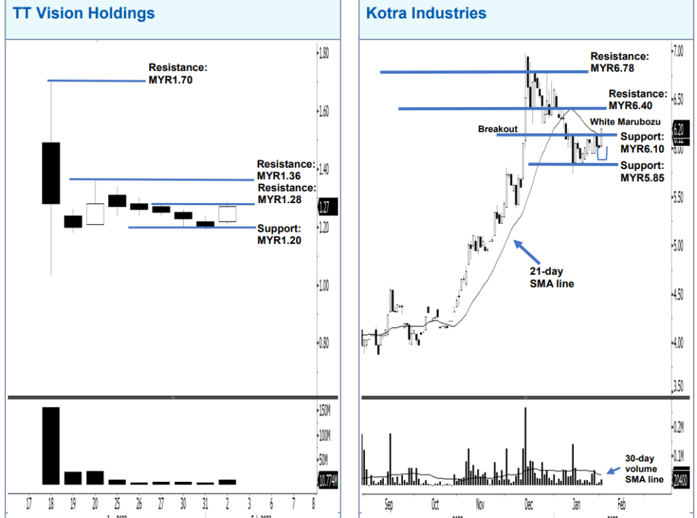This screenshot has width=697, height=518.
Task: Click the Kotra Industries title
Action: click(x=426, y=13)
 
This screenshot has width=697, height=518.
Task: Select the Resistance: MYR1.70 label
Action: click(x=178, y=74)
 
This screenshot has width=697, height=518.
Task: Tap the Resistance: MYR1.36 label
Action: click(x=286, y=170)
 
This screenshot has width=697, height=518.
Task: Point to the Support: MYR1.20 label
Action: click(x=279, y=234)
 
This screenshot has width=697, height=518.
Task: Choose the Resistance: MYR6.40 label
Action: click(x=638, y=100)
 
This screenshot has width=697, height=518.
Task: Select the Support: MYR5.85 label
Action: click(x=642, y=172)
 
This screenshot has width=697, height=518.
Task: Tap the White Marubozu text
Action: click(x=626, y=122)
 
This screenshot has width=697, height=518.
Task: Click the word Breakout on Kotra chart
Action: click(x=498, y=129)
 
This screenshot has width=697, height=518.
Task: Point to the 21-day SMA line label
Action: click(x=551, y=277)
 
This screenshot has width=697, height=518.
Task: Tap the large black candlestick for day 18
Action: click(x=51, y=172)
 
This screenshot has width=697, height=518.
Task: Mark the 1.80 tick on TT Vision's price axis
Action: click(x=324, y=52)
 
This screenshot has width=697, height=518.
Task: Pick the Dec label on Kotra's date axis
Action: click(x=528, y=506)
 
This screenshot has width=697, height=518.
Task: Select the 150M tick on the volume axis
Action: click(x=325, y=410)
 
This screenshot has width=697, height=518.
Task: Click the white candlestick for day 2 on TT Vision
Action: click(x=227, y=214)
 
